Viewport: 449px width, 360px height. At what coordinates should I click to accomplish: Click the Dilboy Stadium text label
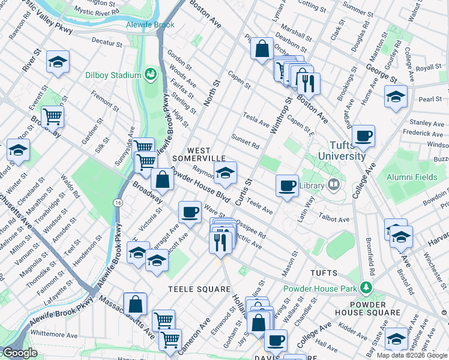[112, 76]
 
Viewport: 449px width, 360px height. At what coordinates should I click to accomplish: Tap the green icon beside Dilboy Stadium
[150, 75]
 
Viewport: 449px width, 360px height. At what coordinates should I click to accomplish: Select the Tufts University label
[339, 151]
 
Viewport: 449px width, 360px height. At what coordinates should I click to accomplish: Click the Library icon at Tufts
[334, 184]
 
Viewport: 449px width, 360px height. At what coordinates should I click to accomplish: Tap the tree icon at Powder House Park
[364, 289]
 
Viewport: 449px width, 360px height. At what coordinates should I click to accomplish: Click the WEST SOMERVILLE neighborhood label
[199, 154]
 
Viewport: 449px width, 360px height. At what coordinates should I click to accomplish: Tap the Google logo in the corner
[20, 353]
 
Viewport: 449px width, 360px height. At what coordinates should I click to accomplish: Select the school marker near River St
[58, 62]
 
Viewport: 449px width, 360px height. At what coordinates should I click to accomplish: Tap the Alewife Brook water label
[150, 25]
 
